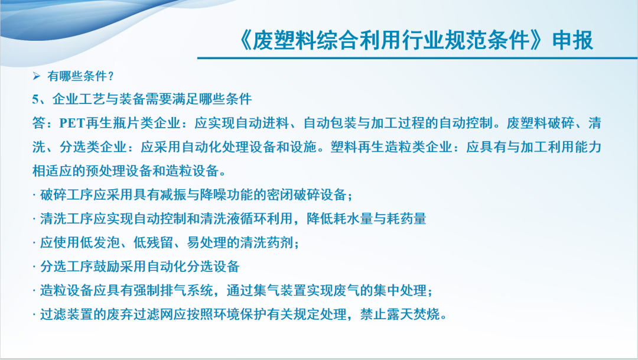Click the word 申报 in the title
tap(572, 40)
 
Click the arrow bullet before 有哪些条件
tap(37, 76)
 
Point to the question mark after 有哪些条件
tap(111, 76)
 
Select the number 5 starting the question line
tap(35, 99)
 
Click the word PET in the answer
tap(73, 123)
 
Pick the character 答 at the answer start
tap(39, 123)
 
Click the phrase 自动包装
tap(330, 123)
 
